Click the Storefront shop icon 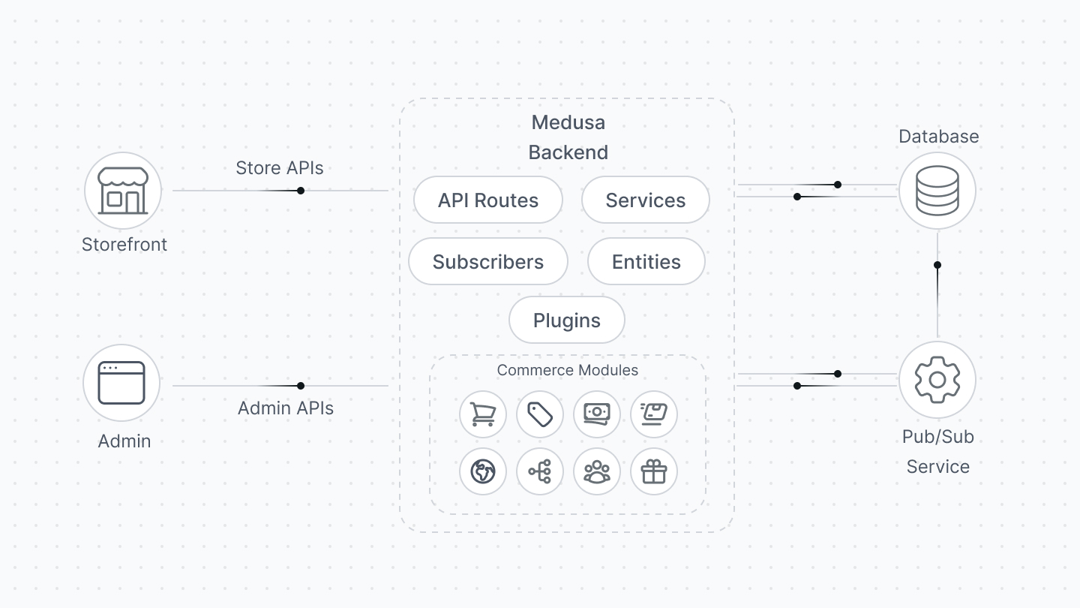[122, 191]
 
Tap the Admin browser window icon [121, 383]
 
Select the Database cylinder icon [937, 191]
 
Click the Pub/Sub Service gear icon [937, 380]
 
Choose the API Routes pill [487, 200]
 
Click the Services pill [645, 200]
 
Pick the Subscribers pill [487, 262]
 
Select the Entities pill [646, 262]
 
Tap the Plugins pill [566, 321]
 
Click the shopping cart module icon [482, 414]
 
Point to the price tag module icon [539, 414]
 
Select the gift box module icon [653, 472]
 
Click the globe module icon [482, 472]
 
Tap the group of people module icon [596, 472]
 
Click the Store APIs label [279, 168]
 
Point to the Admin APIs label [285, 408]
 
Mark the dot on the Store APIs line [300, 191]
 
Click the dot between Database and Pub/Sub [937, 265]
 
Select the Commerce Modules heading [567, 370]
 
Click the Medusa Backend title [568, 137]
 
